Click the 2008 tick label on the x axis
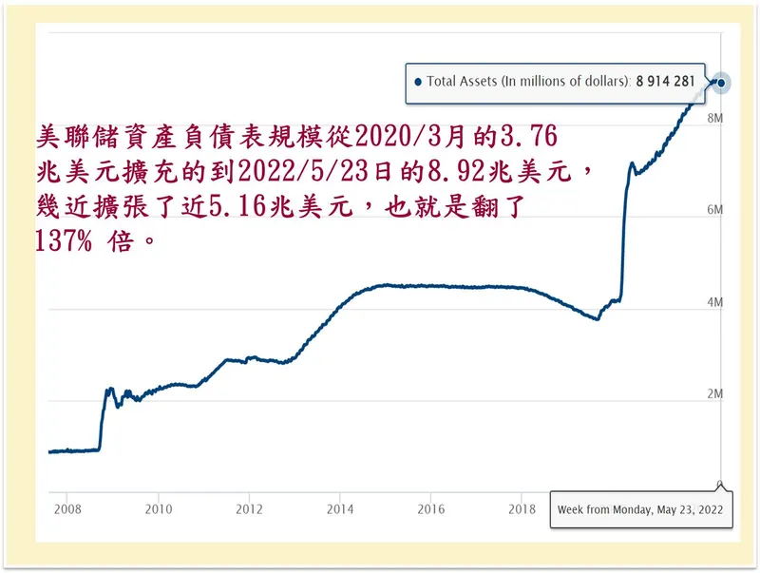(x=66, y=507)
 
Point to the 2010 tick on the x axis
(x=158, y=507)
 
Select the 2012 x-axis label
(x=249, y=507)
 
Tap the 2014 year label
(x=340, y=507)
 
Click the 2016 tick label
(x=431, y=507)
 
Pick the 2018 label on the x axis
(x=522, y=507)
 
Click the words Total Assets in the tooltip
(x=461, y=82)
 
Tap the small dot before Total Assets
(x=417, y=83)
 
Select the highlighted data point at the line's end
(x=722, y=83)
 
